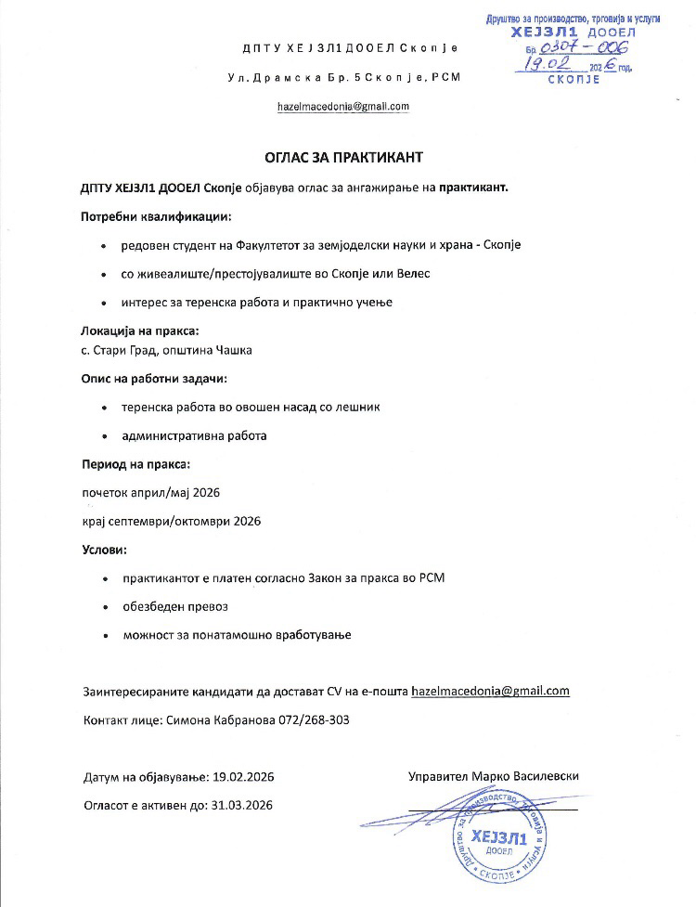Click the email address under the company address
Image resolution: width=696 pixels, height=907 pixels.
click(x=343, y=107)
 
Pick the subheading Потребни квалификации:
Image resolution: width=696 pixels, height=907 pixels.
click(x=156, y=216)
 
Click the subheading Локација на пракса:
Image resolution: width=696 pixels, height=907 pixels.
click(x=140, y=330)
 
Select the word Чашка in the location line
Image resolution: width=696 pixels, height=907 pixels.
click(x=234, y=350)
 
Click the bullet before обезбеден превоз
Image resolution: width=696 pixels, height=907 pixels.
click(x=102, y=607)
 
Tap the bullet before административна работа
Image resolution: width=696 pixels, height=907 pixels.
click(x=102, y=435)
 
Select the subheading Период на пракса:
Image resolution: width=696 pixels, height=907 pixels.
click(x=136, y=463)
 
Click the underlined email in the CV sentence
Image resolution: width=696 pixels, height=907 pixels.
click(x=489, y=691)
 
